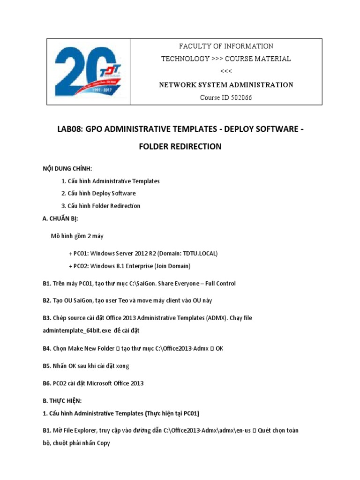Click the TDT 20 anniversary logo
pos(88,72)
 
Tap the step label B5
pos(46,365)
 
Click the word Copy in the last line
pos(102,442)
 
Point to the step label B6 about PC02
pos(46,383)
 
